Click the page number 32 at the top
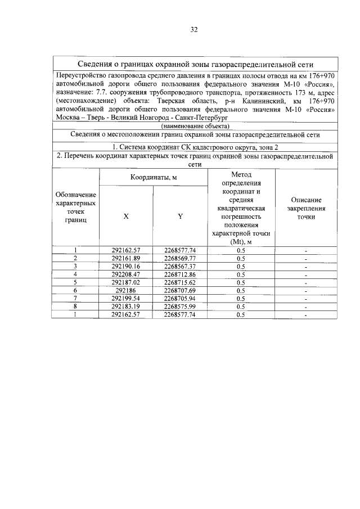pyautogui.click(x=194, y=29)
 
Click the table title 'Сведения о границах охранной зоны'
pyautogui.click(x=195, y=64)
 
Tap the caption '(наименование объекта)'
pyautogui.click(x=194, y=127)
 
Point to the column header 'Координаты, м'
pyautogui.click(x=154, y=177)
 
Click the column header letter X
pyautogui.click(x=125, y=217)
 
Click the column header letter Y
pyautogui.click(x=180, y=217)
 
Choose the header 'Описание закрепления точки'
pyautogui.click(x=307, y=208)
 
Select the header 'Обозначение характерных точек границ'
pyautogui.click(x=75, y=208)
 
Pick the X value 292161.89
pyautogui.click(x=125, y=258)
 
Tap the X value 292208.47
pyautogui.click(x=125, y=274)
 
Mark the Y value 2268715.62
pyautogui.click(x=180, y=282)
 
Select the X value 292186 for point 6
pyautogui.click(x=125, y=290)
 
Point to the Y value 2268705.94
pyautogui.click(x=180, y=298)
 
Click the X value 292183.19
pyautogui.click(x=125, y=307)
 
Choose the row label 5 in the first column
pyautogui.click(x=75, y=282)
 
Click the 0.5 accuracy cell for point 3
pyautogui.click(x=241, y=266)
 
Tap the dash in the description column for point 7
pyautogui.click(x=307, y=299)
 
